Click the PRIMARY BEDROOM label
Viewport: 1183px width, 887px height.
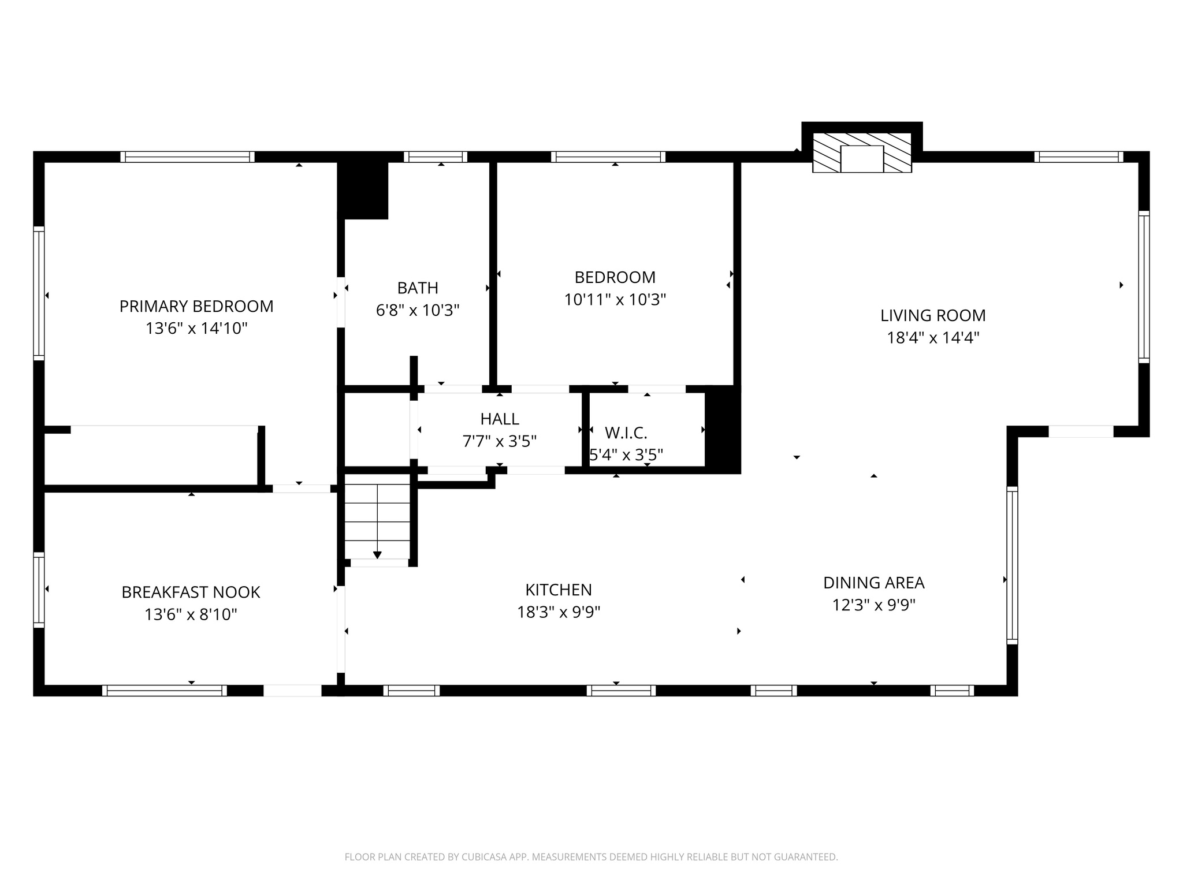click(x=196, y=306)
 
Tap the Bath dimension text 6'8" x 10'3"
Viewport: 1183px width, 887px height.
click(x=418, y=311)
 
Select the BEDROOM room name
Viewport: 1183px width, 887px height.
click(x=615, y=277)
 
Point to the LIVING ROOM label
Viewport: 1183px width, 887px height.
click(x=933, y=315)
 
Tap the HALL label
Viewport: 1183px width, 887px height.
click(x=500, y=419)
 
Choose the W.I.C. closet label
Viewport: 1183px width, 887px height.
click(x=626, y=433)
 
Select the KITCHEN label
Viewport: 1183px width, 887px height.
click(x=559, y=590)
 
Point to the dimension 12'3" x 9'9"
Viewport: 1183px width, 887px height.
click(x=873, y=605)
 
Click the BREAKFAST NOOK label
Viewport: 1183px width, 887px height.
click(x=191, y=592)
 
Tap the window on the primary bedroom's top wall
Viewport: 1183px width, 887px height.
click(x=187, y=156)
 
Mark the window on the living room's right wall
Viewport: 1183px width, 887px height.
click(x=1144, y=286)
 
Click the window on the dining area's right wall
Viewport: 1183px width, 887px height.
click(x=1012, y=565)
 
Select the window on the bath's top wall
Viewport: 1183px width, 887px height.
click(x=436, y=156)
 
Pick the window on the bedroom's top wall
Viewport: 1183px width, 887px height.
click(x=608, y=156)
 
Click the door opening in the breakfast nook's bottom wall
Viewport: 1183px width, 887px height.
click(x=292, y=690)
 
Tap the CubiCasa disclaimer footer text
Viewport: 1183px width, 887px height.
click(x=591, y=857)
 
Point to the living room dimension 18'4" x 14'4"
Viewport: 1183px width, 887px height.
click(x=933, y=338)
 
